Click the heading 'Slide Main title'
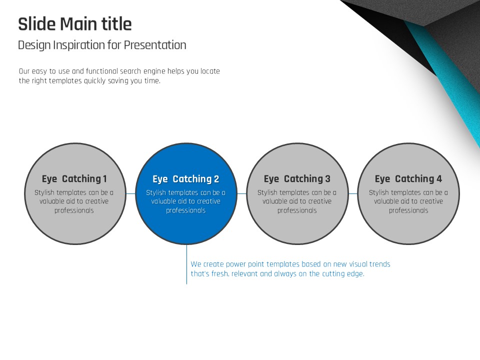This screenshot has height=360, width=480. tap(75, 24)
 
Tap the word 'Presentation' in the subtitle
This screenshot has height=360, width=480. tap(155, 45)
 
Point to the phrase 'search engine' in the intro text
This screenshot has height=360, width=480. tap(142, 71)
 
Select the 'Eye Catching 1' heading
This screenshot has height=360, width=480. tap(74, 179)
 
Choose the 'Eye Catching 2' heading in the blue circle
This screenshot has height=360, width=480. tap(186, 179)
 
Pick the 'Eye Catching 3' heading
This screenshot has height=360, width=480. tap(297, 179)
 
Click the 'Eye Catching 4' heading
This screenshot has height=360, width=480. tap(408, 179)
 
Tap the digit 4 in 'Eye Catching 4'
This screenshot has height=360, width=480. tap(439, 179)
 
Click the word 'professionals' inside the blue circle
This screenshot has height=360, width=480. tap(186, 210)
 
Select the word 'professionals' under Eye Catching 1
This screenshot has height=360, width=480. tap(74, 210)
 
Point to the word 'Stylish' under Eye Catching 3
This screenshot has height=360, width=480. tap(267, 193)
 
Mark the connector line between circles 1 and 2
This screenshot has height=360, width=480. tap(130, 193)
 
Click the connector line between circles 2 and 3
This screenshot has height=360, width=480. tap(242, 193)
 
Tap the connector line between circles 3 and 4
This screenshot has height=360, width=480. tap(353, 193)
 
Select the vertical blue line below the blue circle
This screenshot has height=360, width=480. tap(186, 264)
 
